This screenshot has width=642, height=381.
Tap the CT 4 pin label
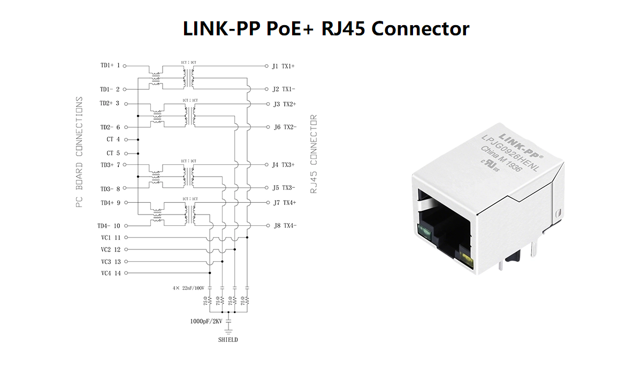pos(113,140)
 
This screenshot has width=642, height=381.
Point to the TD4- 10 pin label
pos(109,226)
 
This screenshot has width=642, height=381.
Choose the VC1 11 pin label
pos(110,237)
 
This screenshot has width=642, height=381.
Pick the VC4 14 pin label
pos(110,273)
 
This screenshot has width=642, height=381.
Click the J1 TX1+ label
pos(283,66)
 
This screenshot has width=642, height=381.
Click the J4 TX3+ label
pos(284,165)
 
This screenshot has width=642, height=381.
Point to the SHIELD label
pos(228,340)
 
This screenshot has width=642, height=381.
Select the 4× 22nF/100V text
pos(188,288)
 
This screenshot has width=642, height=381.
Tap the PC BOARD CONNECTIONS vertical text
pos(79,152)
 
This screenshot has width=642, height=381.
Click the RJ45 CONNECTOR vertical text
pos(314,154)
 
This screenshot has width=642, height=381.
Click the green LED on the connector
pos(425,232)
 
